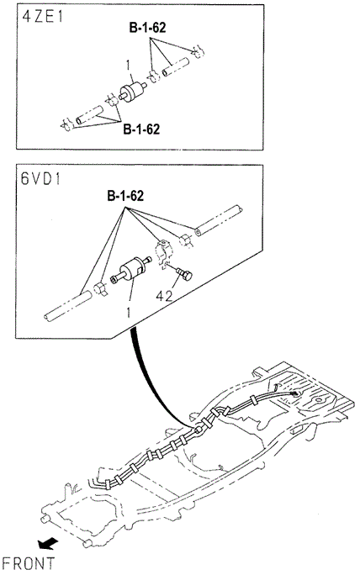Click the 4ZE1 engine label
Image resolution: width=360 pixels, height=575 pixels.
click(x=43, y=18)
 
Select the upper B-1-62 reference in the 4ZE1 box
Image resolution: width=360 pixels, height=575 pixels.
click(x=147, y=28)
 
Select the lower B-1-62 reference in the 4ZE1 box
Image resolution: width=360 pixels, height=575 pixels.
click(x=141, y=129)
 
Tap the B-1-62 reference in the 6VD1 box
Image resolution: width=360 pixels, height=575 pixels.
click(x=125, y=196)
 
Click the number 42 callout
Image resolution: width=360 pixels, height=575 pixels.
click(x=164, y=296)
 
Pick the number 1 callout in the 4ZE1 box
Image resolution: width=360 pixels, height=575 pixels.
click(x=128, y=66)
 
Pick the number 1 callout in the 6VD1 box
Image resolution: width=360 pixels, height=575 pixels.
click(x=128, y=313)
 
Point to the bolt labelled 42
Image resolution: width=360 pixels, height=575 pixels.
click(x=184, y=274)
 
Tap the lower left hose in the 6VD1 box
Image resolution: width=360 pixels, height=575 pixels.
click(x=67, y=307)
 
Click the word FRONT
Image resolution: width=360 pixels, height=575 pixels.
click(x=29, y=563)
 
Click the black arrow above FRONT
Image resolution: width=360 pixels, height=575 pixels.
click(x=49, y=543)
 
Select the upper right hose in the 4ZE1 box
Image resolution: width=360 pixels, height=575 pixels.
click(x=176, y=67)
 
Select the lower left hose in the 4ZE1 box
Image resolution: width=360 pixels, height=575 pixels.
click(x=89, y=115)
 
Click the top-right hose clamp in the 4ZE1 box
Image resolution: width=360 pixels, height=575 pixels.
click(x=199, y=52)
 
